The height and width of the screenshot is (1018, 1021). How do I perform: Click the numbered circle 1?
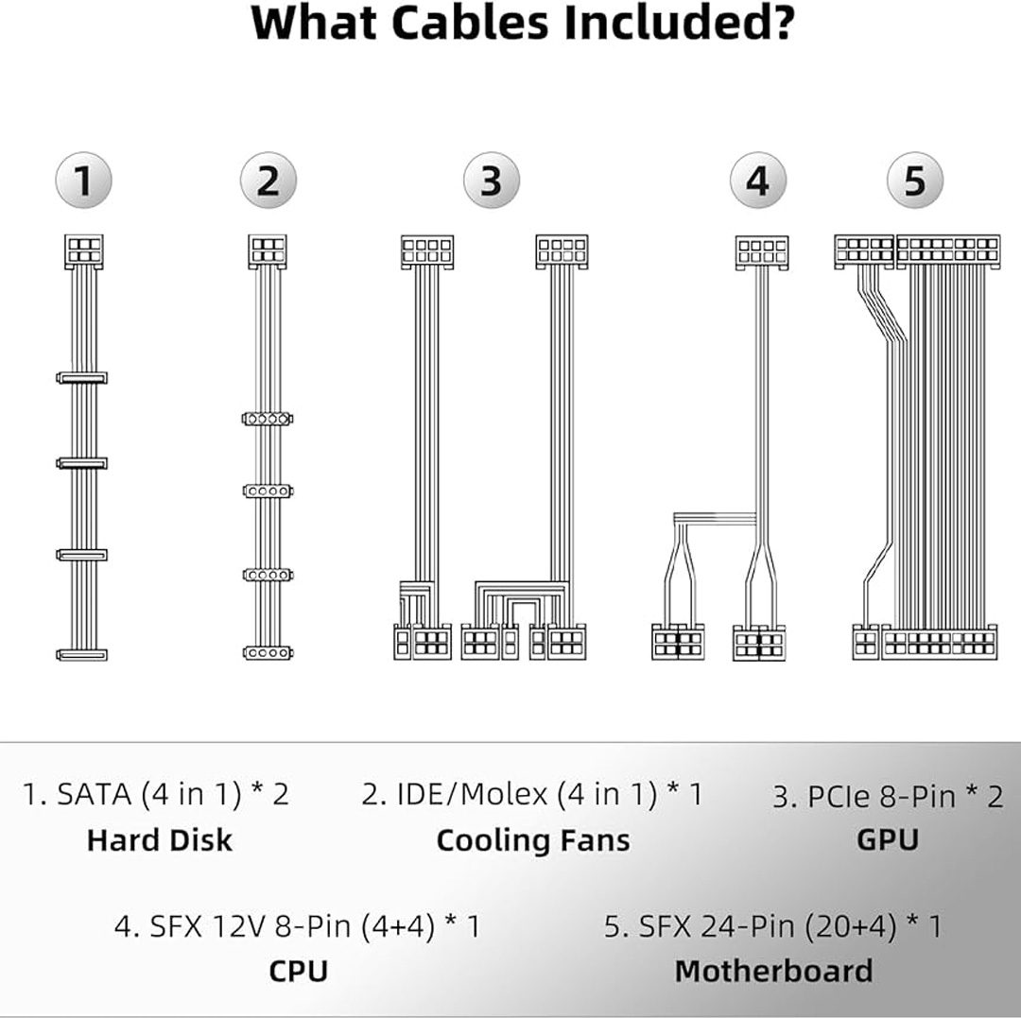83,180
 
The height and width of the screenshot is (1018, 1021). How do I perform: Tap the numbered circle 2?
268,180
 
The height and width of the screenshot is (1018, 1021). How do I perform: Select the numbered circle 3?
491,180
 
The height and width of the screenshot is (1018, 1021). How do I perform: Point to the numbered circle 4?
758,180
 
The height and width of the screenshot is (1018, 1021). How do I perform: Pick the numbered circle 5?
914,180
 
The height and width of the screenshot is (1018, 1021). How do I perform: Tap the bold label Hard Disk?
159,840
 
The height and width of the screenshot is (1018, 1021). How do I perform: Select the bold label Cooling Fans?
532,840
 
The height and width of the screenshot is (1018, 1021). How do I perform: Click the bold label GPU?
887,840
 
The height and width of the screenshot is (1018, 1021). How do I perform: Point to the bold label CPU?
298,971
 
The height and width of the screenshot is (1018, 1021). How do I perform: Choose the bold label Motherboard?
773,971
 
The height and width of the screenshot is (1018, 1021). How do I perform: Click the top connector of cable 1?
83,250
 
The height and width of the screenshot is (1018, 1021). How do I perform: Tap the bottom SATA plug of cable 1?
82,654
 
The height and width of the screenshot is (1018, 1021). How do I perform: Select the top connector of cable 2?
268,250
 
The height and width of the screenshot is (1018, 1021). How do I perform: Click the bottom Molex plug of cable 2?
268,652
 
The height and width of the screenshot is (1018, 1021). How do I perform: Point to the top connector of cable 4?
762,252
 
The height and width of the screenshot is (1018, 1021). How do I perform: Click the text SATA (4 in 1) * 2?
156,794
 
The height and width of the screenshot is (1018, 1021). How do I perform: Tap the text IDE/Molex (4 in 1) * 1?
532,794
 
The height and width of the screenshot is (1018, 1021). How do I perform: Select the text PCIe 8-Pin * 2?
888,797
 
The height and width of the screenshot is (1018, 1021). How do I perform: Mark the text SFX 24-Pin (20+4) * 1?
772,926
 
